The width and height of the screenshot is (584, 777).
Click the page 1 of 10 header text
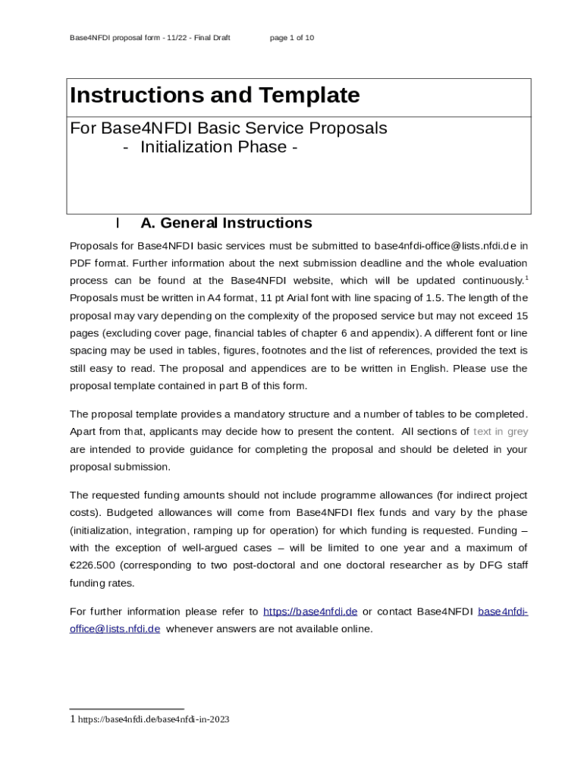292,37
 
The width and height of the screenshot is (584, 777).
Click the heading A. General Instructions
226,223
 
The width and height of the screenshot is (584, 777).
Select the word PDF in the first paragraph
80,263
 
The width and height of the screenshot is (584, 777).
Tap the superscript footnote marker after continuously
526,278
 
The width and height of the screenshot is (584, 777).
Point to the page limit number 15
522,316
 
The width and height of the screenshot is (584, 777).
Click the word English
431,369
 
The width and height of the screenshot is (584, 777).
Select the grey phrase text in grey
501,432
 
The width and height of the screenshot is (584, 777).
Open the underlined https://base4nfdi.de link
309,612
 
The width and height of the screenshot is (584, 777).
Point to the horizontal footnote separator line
127,709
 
